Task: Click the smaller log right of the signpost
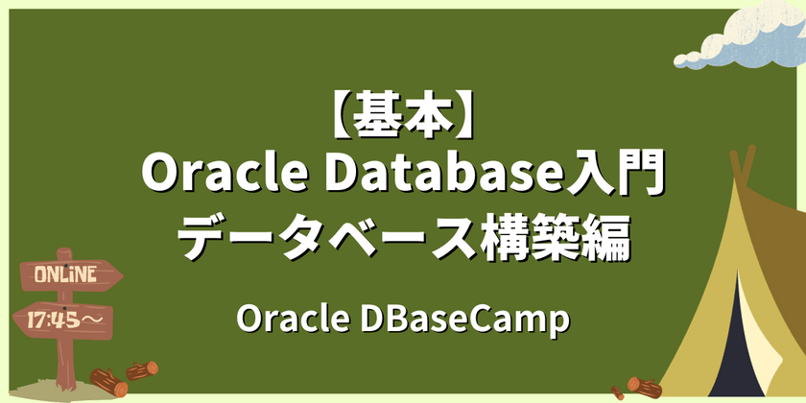pos(143,369)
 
